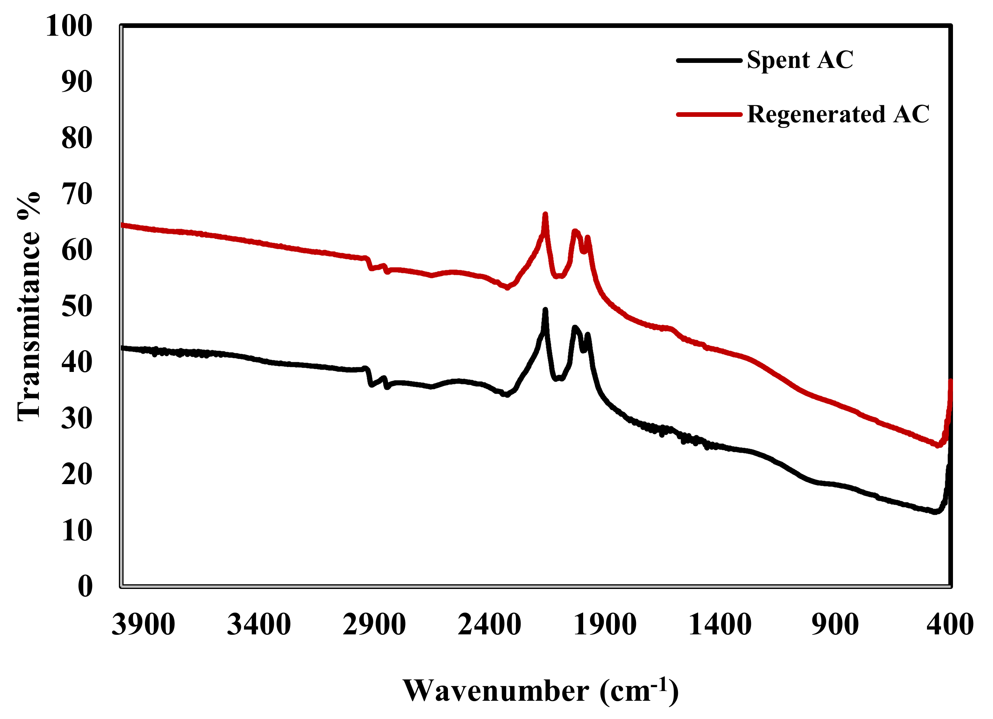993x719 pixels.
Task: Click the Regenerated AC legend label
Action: (x=838, y=115)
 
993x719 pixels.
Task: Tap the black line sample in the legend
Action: (x=709, y=61)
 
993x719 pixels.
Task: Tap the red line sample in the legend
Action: (x=709, y=115)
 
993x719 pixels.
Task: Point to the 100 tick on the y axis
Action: (x=69, y=26)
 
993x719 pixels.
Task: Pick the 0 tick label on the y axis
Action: (x=85, y=586)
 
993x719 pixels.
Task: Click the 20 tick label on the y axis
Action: (x=77, y=474)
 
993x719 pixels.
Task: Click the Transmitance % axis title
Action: (x=29, y=306)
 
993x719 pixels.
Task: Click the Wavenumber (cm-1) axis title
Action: (x=540, y=691)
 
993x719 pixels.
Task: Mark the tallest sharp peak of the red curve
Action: (x=545, y=214)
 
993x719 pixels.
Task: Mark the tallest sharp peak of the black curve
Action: (x=545, y=310)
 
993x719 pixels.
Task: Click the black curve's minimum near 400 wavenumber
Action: (x=935, y=512)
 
